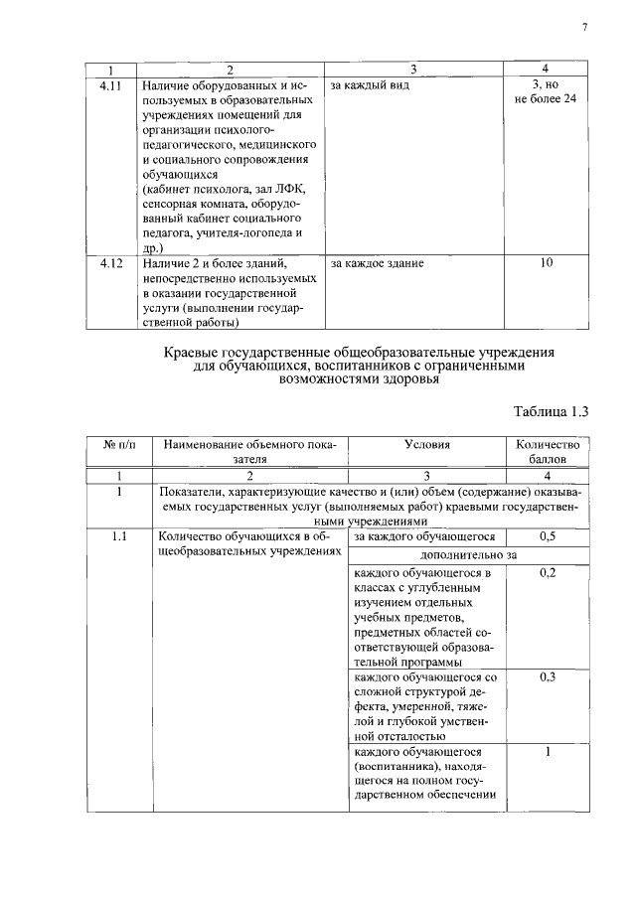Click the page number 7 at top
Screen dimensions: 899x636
(x=584, y=28)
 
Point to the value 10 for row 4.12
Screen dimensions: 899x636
(x=546, y=263)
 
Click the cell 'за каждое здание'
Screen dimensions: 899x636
(x=377, y=263)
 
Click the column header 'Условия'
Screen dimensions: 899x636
(x=427, y=445)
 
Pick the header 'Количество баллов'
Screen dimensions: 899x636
(x=546, y=453)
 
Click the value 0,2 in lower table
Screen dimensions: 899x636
(x=546, y=573)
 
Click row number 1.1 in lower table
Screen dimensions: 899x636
(x=119, y=536)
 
